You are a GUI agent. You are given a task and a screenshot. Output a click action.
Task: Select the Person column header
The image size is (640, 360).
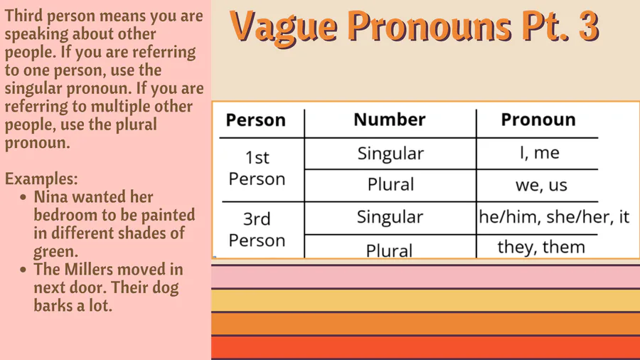(x=255, y=120)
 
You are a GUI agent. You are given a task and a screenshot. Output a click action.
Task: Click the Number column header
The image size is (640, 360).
(x=390, y=120)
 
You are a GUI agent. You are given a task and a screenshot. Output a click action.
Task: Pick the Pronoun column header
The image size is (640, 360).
(x=538, y=120)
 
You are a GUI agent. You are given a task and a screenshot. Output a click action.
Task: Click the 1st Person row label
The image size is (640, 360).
(x=257, y=168)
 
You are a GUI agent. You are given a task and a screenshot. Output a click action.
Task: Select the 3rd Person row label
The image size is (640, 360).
(x=257, y=230)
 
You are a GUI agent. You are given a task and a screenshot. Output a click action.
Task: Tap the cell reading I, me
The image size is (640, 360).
(x=539, y=153)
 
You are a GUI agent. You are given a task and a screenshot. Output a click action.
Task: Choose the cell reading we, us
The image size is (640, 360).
(x=541, y=185)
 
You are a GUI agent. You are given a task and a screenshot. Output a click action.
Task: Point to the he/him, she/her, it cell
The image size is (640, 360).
(x=554, y=217)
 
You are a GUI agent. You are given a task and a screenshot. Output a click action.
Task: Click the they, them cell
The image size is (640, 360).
(x=541, y=247)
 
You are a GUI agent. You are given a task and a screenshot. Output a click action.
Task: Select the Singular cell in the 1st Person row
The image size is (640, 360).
(x=390, y=154)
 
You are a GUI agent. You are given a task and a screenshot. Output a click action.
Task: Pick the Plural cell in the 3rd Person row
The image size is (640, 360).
(x=389, y=250)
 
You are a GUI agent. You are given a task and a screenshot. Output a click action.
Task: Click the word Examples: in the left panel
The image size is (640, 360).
(x=41, y=179)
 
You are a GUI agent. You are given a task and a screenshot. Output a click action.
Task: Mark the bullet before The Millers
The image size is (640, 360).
(x=23, y=270)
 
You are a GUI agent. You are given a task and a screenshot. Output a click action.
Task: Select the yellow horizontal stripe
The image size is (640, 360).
(x=425, y=300)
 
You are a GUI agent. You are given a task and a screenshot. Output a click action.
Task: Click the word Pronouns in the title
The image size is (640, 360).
(x=430, y=26)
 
